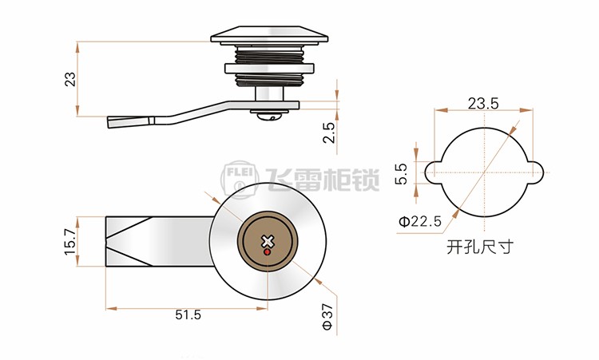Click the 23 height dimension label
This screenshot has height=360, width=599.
click(71, 79)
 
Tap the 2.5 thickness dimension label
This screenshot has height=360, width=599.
click(328, 133)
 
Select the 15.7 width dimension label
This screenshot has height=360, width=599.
click(70, 242)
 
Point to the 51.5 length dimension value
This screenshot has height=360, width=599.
click(188, 315)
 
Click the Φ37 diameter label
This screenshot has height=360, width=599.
click(327, 317)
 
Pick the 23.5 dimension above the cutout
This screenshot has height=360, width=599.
click(483, 104)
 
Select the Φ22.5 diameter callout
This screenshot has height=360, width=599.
click(420, 221)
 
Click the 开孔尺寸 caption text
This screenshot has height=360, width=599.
click(480, 247)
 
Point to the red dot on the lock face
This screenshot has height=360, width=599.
click(268, 252)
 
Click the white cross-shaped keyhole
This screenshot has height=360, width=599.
click(268, 242)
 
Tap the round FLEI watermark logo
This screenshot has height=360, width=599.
click(240, 180)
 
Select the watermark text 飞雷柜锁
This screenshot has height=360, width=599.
click(323, 180)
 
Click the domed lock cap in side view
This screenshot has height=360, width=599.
click(269, 34)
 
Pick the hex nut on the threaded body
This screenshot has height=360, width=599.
click(269, 69)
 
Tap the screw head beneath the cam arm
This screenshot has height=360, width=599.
click(269, 114)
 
